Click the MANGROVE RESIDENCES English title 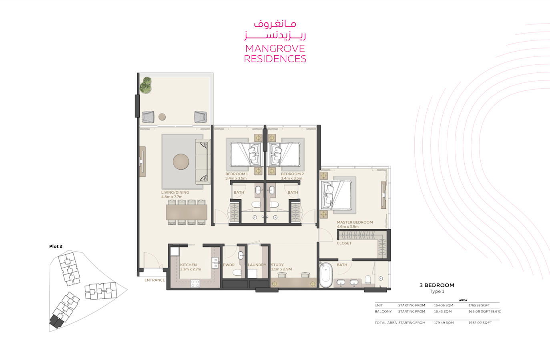point(275,54)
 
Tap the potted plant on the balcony point(146,85)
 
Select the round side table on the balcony point(162,117)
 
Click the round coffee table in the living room point(181,162)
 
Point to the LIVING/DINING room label point(175,192)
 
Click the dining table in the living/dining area point(187,212)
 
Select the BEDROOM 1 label point(237,174)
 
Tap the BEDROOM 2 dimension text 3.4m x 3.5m point(292,178)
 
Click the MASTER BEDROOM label point(355,222)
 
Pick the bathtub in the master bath point(326,275)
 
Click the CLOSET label point(344,243)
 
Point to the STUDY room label point(277,265)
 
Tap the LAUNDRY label point(257,265)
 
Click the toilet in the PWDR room point(237,272)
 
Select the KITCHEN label point(188,265)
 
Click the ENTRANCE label point(155,280)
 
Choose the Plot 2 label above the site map point(56,246)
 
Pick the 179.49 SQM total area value point(444,323)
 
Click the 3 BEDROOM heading point(437,285)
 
